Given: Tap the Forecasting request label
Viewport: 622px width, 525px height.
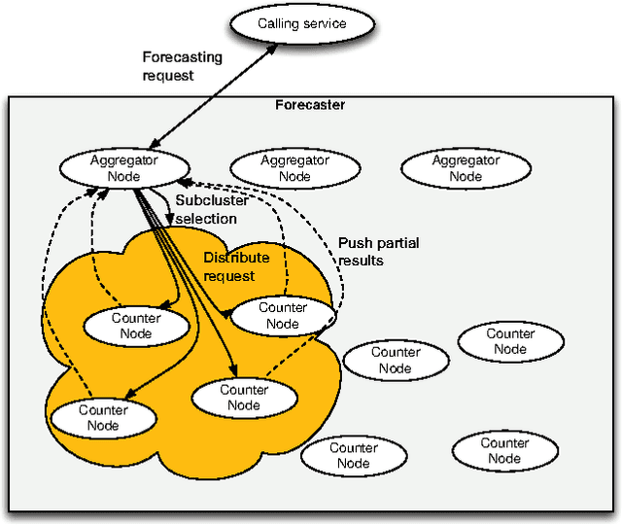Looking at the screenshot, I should click(182, 65).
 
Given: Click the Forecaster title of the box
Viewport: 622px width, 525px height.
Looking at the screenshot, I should click(310, 105).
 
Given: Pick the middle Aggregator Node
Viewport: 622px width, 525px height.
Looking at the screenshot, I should click(294, 168).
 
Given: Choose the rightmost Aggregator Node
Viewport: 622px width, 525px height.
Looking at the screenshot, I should click(466, 168).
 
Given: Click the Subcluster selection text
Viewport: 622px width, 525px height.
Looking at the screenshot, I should click(205, 211).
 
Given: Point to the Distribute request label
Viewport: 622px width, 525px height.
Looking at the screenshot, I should click(228, 266).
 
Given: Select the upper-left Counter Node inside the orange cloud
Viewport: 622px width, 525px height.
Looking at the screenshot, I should click(136, 326).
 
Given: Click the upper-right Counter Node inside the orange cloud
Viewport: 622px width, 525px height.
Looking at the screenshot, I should click(283, 315).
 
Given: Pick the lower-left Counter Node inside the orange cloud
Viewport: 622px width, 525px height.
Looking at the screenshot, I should click(103, 418).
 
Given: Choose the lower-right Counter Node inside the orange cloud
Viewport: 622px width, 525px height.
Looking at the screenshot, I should click(244, 397).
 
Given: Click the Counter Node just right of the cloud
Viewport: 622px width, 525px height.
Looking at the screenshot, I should click(396, 360).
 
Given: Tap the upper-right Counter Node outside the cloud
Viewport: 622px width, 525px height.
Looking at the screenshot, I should click(510, 341).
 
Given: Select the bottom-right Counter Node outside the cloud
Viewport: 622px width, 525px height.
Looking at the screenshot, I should click(504, 451).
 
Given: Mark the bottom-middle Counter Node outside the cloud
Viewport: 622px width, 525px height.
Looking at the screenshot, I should click(354, 455).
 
